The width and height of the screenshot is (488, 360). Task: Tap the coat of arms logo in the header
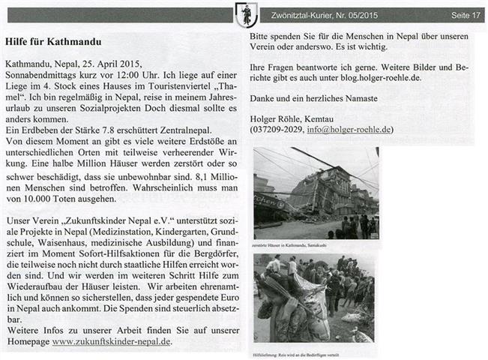[244, 13]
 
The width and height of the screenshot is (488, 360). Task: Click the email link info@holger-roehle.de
[337, 129]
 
